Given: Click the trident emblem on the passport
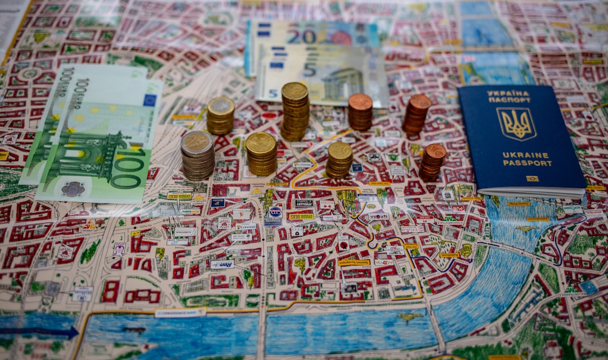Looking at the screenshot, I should point(516,123).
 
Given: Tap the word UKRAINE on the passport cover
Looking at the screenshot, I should point(518,155).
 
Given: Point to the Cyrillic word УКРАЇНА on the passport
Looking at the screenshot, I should point(508,93).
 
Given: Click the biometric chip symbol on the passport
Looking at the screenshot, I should point(532,179).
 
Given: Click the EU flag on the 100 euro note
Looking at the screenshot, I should point(150,100).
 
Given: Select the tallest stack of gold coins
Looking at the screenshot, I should point(295,111).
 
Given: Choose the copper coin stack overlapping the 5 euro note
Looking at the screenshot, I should point(360,111).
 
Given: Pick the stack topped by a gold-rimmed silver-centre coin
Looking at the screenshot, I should point(221,115).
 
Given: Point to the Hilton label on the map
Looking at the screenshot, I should point(82,294).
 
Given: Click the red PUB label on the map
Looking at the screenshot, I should point(458,208).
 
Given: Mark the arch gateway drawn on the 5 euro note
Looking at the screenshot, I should point(342,84).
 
